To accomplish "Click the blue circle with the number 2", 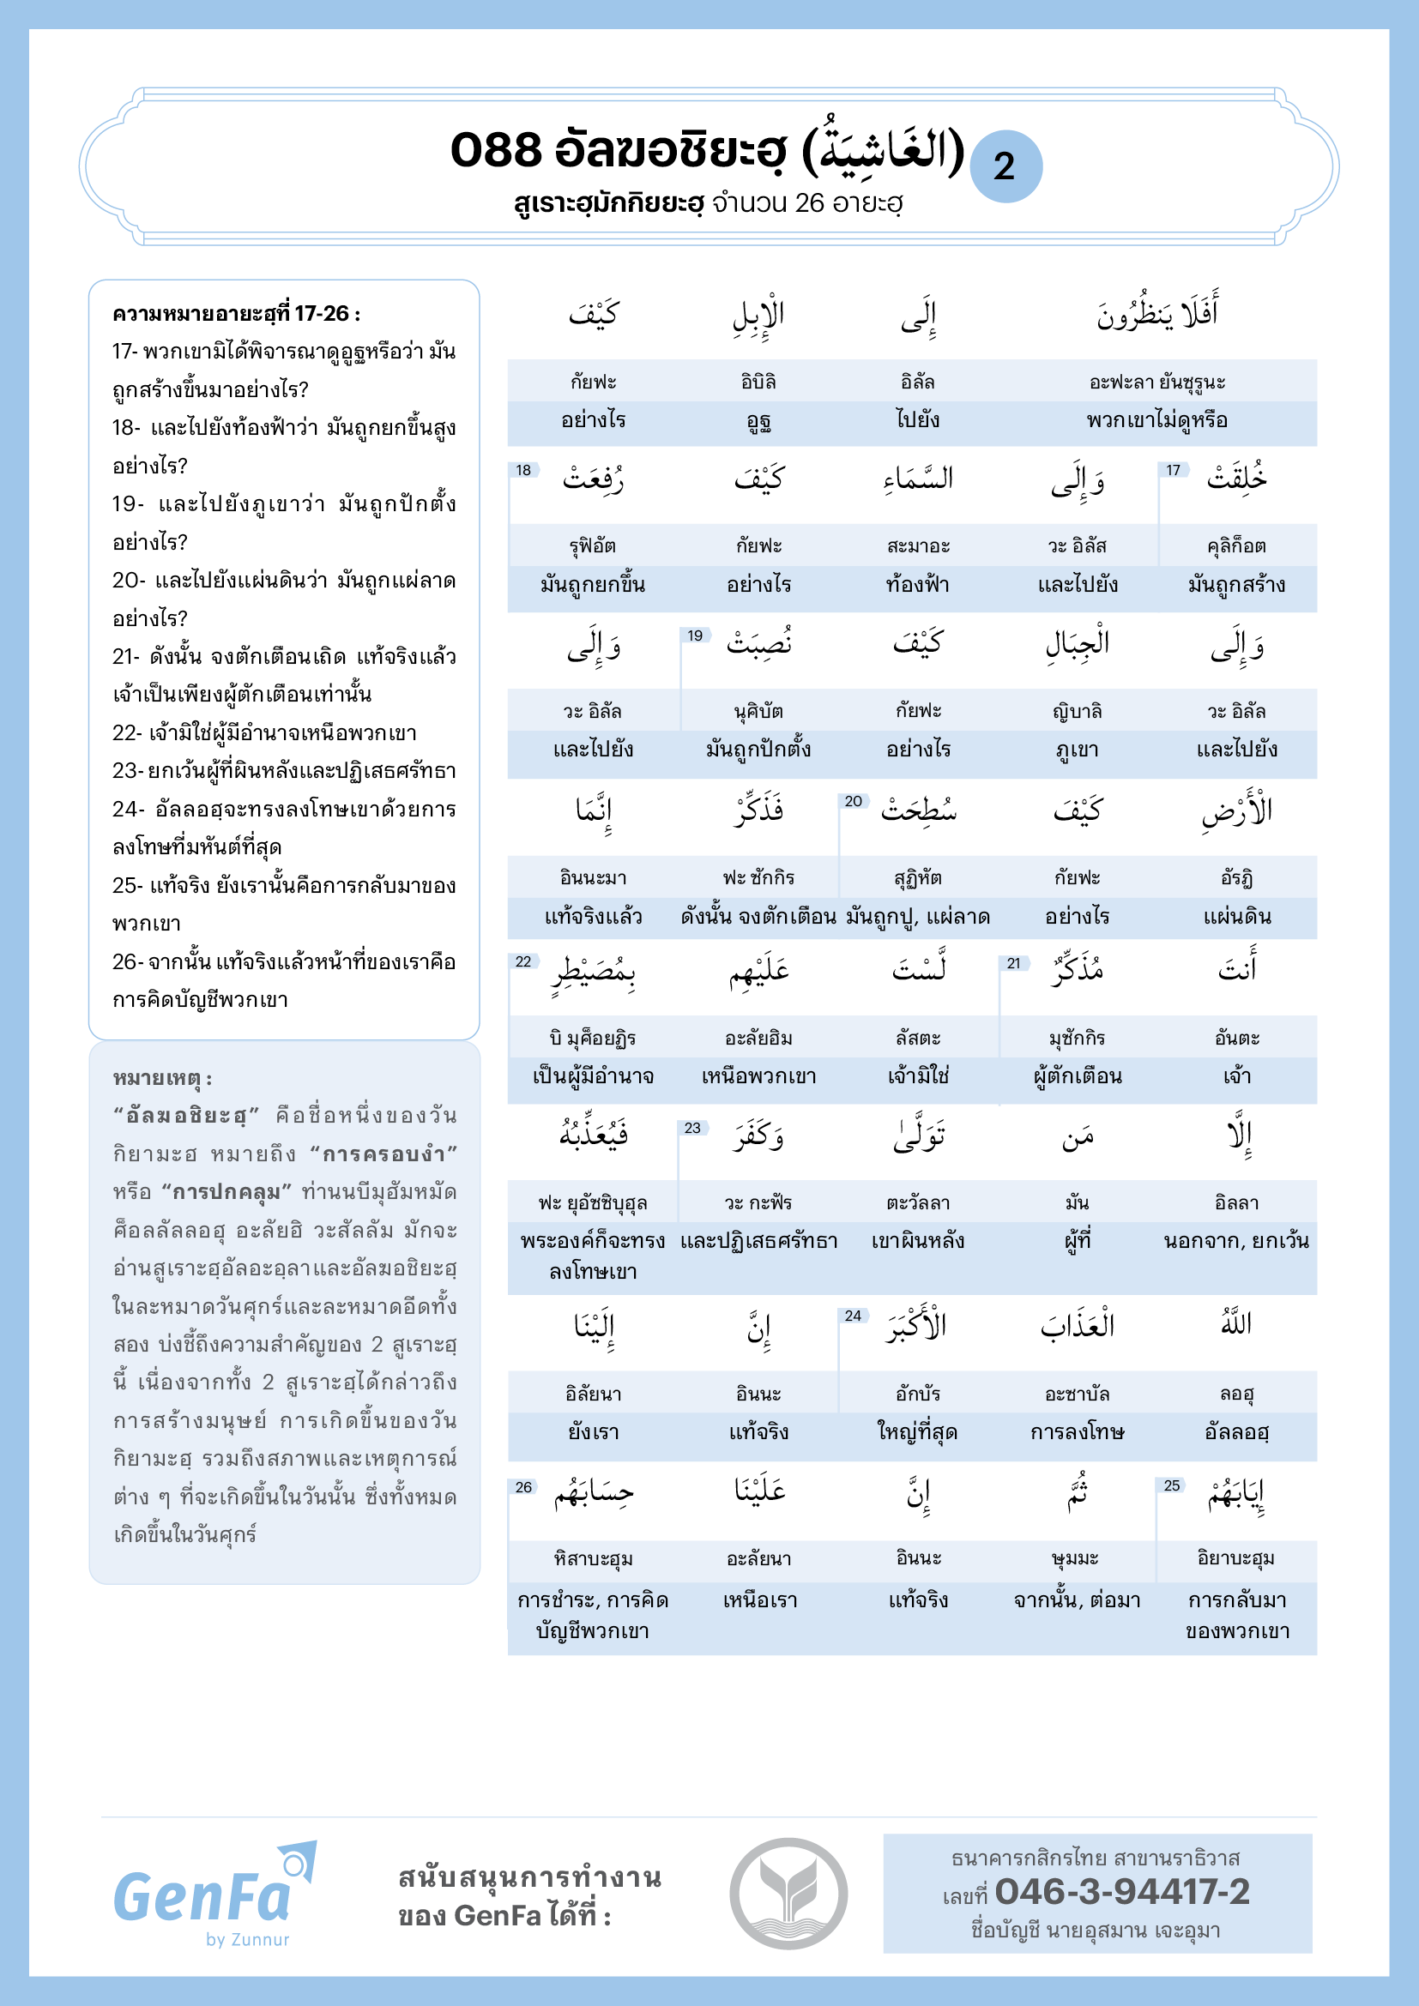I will pos(1005,166).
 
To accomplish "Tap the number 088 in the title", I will pos(495,150).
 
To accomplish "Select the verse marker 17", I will pos(1173,470).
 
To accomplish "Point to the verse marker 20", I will pos(853,801).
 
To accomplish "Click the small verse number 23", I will pos(692,1128).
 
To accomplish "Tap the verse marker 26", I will pos(523,1487).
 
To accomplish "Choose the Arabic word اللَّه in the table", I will pos(1236,1324).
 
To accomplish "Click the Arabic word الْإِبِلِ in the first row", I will pos(758,316).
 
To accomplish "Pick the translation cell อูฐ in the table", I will pos(758,421).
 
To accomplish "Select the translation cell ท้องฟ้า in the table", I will pos(917,585).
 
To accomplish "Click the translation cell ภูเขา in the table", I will pos(1078,750).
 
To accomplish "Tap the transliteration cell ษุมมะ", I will pos(1076,1558).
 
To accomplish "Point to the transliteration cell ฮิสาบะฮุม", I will pos(594,1558).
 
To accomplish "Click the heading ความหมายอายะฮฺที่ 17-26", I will pos(236,314).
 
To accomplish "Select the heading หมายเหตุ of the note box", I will pos(162,1078).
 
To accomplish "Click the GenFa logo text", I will pos(202,1897).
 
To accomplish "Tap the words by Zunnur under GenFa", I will pos(247,1940).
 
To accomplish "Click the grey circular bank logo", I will pos(788,1894).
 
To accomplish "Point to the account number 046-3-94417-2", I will pos(1122,1892).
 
